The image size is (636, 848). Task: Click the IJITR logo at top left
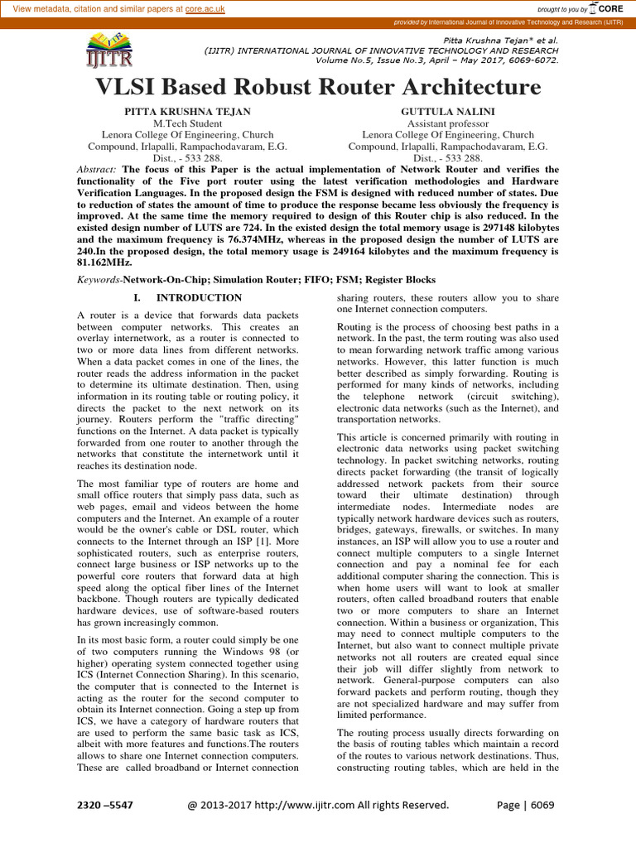click(x=108, y=51)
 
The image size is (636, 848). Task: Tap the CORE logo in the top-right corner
click(x=612, y=8)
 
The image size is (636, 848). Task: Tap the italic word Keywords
click(x=99, y=280)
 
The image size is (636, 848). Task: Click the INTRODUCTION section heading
click(x=199, y=297)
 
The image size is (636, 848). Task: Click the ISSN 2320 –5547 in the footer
click(x=105, y=804)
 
